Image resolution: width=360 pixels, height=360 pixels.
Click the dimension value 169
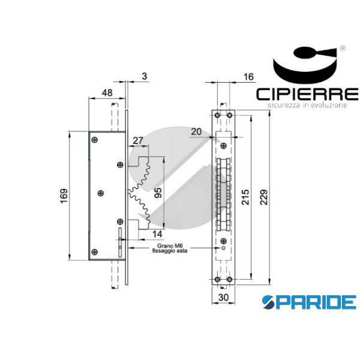point(64,196)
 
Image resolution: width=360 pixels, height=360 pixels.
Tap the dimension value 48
point(107,93)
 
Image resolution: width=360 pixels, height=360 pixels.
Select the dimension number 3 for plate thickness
point(144,76)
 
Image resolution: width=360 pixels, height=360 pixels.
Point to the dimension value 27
point(138,140)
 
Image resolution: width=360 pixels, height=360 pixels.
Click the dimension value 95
point(158,193)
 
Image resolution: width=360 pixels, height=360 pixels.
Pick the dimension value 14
point(157,234)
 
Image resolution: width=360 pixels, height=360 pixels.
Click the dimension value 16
point(248,77)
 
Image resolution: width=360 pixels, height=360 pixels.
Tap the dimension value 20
point(196,132)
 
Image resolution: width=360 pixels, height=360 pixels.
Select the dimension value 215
point(245,197)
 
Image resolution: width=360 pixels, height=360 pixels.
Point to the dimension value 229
point(264,197)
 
